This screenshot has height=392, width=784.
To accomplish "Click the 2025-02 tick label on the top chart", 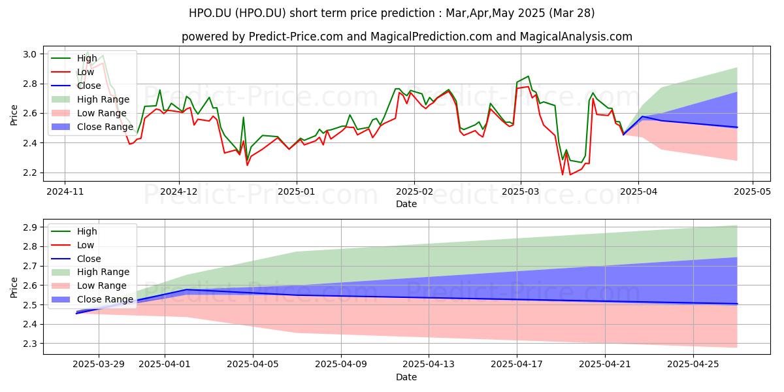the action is point(414,191).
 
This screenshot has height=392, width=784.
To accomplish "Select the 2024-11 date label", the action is point(65,191).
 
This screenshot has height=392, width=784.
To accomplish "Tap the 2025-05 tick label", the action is point(753,191).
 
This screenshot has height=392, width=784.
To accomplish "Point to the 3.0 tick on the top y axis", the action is point(30,54).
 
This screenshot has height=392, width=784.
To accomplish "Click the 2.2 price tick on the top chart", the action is point(30,173).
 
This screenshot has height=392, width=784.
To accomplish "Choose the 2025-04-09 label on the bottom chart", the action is point(341,365).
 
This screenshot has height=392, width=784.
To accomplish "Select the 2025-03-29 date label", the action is point(99,365).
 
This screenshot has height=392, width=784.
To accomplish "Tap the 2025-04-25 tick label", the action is point(693,365).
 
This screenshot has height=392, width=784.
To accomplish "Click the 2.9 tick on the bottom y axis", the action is point(30,227).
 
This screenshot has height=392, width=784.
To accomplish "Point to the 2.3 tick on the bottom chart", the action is point(30,344).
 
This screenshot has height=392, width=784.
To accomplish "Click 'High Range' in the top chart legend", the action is point(103,99).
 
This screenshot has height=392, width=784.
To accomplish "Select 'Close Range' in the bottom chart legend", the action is point(105,299).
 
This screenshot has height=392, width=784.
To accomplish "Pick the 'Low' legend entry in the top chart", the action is point(86,72).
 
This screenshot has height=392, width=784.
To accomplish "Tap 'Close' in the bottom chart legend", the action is point(89,259).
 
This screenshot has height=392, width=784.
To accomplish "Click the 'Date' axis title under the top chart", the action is point(406,204).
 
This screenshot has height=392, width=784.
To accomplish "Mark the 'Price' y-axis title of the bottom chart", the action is point(14,287).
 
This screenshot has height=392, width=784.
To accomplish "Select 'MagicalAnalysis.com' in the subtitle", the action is point(576,37).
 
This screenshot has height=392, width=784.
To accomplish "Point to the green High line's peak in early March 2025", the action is point(528,76).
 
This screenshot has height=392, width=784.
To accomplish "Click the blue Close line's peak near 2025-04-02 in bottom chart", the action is point(187,289).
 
